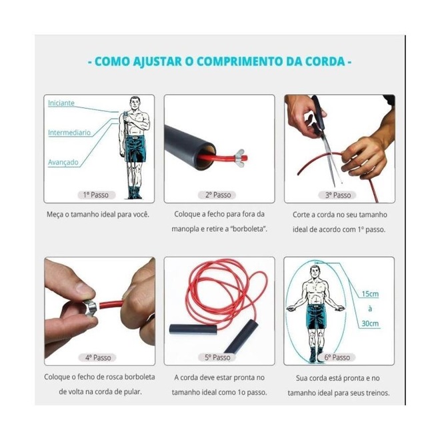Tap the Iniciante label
point(61,103)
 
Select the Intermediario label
point(69,133)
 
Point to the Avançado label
point(63,162)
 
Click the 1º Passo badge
point(96,195)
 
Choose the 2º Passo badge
point(218,195)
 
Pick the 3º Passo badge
point(338,195)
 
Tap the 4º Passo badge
point(98,357)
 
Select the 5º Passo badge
point(217,357)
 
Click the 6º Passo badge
point(337,357)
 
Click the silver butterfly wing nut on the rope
point(238,157)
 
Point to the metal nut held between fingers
point(91,308)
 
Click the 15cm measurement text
point(370,294)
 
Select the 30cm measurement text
point(370,323)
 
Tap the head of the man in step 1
point(135,103)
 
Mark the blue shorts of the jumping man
point(316,317)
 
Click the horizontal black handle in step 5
point(193,329)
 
